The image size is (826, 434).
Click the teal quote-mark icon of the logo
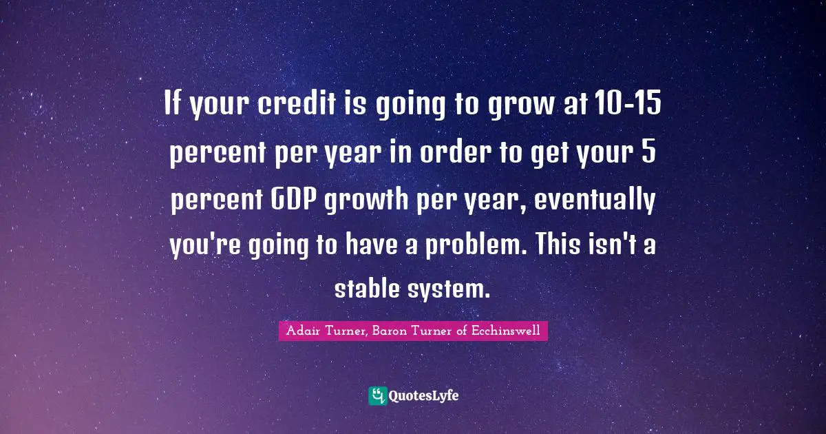pos(377,395)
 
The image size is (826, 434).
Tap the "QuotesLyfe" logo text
pos(424,396)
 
